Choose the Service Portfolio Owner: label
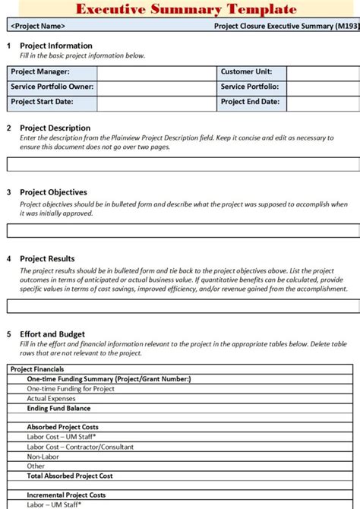click(x=52, y=87)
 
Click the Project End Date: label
click(x=251, y=102)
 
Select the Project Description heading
click(x=55, y=128)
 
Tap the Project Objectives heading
click(x=53, y=192)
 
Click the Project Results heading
click(x=47, y=258)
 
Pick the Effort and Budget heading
click(x=52, y=334)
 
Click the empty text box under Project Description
click(x=180, y=163)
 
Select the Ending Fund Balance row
click(x=58, y=408)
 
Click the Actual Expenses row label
click(x=51, y=398)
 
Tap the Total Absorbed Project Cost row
click(x=70, y=476)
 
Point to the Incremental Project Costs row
click(x=66, y=495)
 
